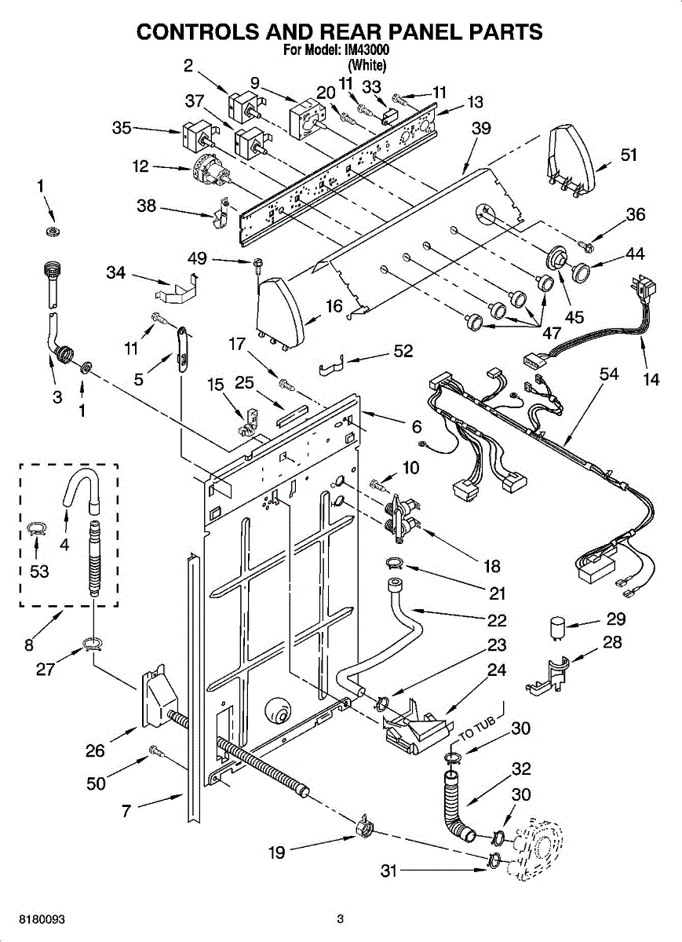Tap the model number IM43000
365,50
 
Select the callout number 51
629,155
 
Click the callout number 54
609,374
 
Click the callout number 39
481,128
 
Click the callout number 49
197,258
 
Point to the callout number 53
39,571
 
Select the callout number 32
521,769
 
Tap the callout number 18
492,567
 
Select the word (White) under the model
367,65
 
